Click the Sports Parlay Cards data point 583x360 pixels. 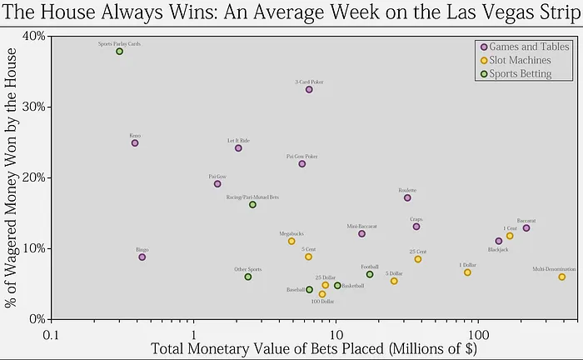tap(119, 52)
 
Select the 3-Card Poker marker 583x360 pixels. tap(309, 89)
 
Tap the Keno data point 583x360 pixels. tap(135, 143)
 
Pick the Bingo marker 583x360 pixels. tap(142, 257)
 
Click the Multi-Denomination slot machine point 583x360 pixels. tap(562, 277)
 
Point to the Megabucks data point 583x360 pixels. tap(291, 241)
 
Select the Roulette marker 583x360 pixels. tap(407, 197)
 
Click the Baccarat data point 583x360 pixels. tap(526, 228)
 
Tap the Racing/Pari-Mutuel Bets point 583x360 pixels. tap(252, 205)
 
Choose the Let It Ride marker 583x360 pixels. tap(238, 148)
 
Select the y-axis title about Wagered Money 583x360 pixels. tap(12, 177)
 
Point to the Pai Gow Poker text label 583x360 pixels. tap(301, 156)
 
